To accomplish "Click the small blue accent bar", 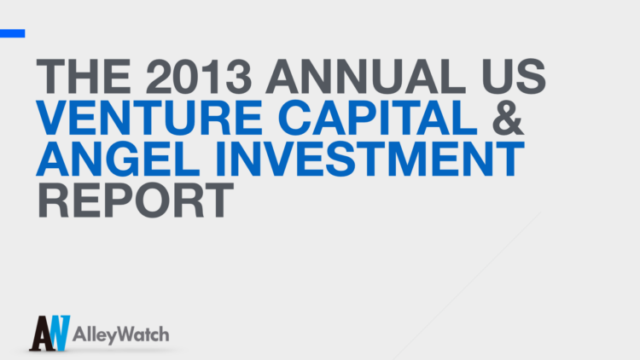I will tap(12, 33).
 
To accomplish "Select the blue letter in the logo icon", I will tap(56, 329).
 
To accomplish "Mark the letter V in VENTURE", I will tap(53, 119).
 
